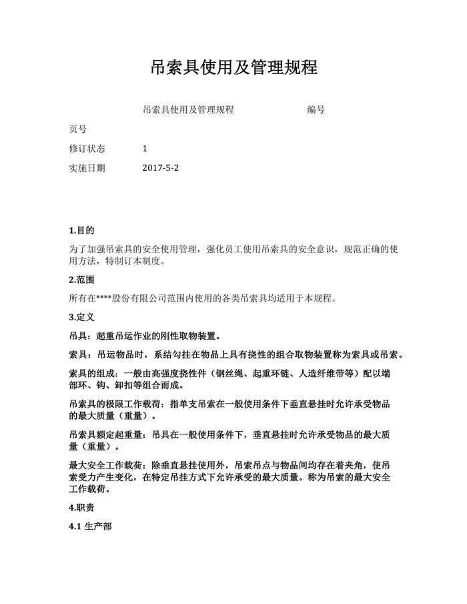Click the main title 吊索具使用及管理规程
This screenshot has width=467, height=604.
pyautogui.click(x=233, y=67)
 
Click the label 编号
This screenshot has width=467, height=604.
pyautogui.click(x=316, y=109)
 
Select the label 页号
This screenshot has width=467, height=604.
pyautogui.click(x=77, y=129)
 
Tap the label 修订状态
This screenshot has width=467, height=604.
pyautogui.click(x=87, y=149)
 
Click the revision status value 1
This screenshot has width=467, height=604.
pyautogui.click(x=145, y=149)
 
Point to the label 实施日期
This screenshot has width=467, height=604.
pyautogui.click(x=87, y=168)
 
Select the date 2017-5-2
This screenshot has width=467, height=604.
pyautogui.click(x=161, y=168)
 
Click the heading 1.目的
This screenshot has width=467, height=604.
pyautogui.click(x=81, y=230)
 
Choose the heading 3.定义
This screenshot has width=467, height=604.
pyautogui.click(x=81, y=316)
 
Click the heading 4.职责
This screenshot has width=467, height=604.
pyautogui.click(x=81, y=508)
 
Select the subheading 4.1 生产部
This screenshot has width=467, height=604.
pyautogui.click(x=90, y=527)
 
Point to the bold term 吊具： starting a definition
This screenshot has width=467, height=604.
pyautogui.click(x=82, y=335)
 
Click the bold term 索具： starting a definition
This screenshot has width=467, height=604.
pyautogui.click(x=82, y=354)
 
